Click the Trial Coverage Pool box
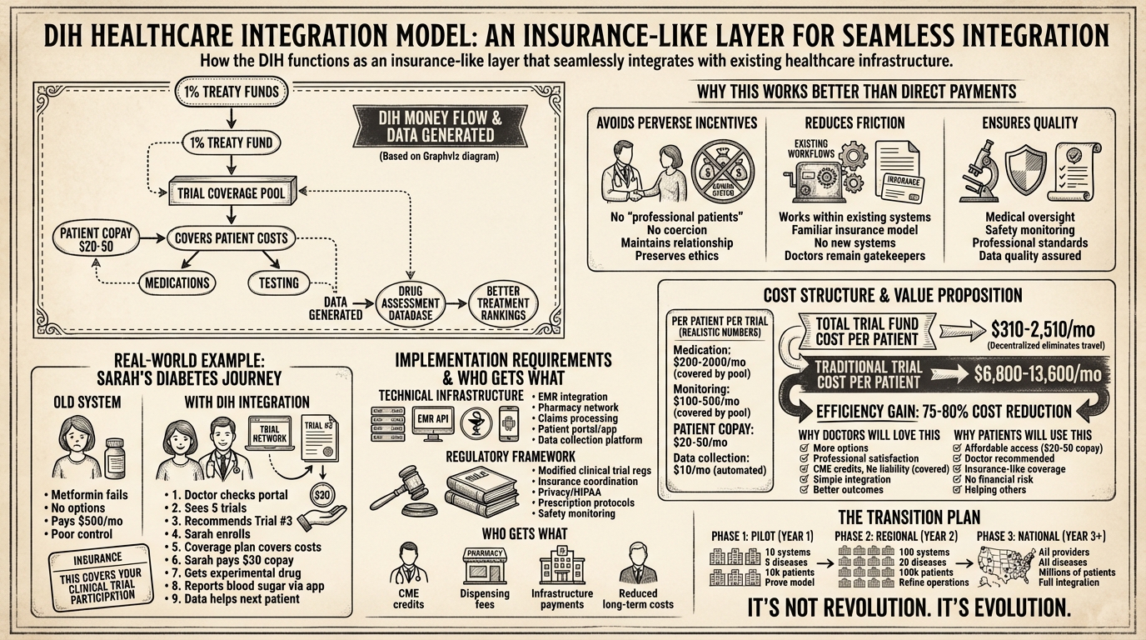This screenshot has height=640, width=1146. (232, 193)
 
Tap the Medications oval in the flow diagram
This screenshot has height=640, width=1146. (176, 282)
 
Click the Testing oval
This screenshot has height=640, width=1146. (278, 282)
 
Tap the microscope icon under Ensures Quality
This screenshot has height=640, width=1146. (976, 171)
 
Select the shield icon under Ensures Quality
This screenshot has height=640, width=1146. (1025, 169)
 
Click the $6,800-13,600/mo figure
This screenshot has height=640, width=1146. (1037, 374)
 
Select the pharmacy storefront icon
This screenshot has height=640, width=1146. (484, 567)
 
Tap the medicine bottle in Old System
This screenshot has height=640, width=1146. (115, 459)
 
